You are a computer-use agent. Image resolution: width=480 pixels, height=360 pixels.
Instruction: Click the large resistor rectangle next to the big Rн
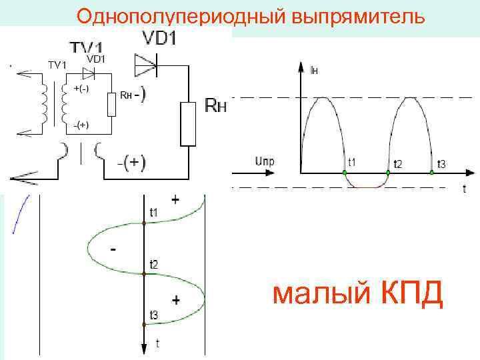(189, 123)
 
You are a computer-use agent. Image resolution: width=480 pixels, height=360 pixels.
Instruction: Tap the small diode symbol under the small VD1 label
(88, 71)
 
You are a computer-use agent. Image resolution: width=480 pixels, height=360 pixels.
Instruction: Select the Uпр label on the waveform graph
(265, 161)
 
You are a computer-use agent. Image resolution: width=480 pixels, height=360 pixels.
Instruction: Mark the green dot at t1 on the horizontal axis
(345, 173)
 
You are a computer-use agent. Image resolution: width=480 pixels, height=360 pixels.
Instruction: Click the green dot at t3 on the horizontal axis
(432, 173)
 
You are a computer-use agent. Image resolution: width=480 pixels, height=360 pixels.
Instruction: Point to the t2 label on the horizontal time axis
(398, 163)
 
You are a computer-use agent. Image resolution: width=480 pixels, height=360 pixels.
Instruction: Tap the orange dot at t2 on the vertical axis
(144, 274)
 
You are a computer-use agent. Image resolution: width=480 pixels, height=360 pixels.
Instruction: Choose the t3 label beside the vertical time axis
(154, 315)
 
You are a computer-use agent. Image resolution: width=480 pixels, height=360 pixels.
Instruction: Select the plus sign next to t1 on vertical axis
(175, 199)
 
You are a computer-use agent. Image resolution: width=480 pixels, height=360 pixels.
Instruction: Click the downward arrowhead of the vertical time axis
(144, 349)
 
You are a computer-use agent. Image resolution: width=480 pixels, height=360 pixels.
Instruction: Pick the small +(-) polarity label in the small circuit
(82, 89)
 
